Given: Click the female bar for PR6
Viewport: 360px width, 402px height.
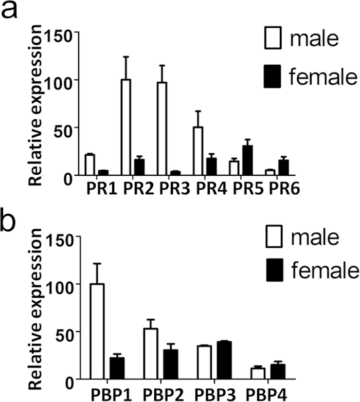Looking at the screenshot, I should [x=284, y=168].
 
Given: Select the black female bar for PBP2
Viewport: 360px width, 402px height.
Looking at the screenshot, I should [x=171, y=364].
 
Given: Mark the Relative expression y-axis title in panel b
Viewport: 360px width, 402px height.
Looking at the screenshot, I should [x=35, y=309].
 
